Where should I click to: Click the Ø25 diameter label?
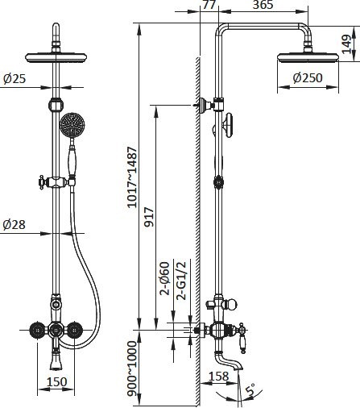point(14,78)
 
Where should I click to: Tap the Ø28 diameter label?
point(14,224)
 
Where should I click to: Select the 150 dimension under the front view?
point(56,381)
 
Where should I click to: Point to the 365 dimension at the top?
point(263,5)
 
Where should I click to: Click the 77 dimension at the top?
point(209,5)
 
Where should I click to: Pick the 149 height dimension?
point(346,44)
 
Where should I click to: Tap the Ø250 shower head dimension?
point(308,78)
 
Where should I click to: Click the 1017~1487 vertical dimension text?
point(132,177)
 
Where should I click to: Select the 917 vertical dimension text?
point(149,217)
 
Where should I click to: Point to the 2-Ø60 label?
point(164,278)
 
